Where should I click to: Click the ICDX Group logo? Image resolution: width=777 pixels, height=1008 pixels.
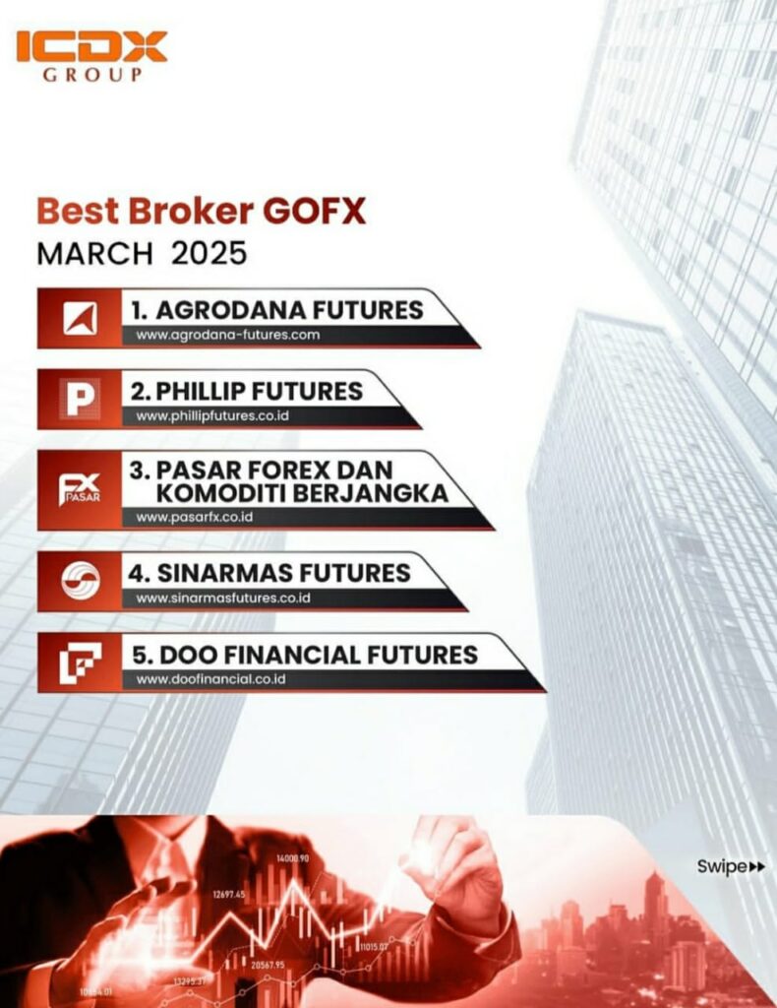91,57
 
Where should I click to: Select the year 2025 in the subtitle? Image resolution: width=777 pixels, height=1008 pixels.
209,253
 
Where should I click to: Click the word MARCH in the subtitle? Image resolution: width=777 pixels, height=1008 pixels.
94,253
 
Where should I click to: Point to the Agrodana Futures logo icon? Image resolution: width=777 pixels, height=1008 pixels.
80,319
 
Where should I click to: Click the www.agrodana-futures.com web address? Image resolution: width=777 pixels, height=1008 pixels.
228,336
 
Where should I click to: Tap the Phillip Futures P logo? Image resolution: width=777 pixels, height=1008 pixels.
80,399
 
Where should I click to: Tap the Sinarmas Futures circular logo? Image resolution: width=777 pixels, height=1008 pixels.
80,582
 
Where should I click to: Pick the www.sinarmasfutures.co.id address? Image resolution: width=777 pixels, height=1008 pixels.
223,598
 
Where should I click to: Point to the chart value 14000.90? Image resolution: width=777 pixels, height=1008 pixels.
293,859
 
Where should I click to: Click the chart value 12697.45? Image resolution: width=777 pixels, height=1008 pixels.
228,895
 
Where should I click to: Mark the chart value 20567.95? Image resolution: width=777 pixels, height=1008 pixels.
268,965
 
